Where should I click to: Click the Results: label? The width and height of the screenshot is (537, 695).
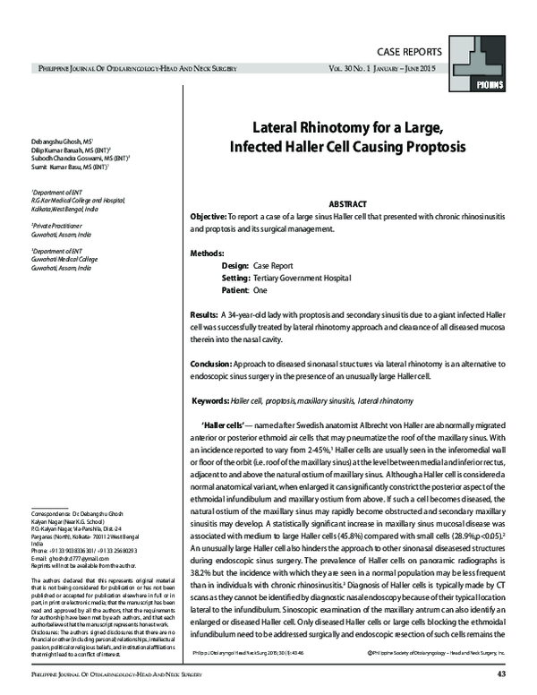click(205, 316)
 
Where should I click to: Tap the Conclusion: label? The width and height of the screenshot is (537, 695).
click(217, 365)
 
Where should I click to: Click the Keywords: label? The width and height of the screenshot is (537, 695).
click(221, 402)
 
